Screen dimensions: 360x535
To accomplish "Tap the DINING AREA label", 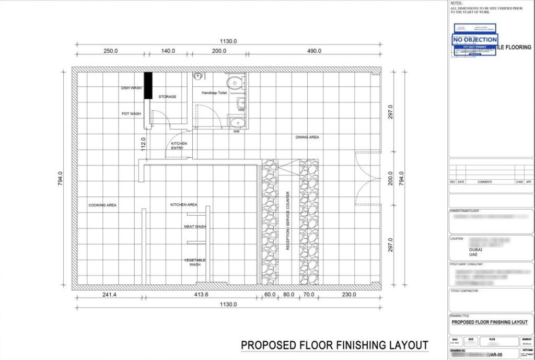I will (307, 137).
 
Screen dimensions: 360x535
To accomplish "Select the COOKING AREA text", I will (102, 205).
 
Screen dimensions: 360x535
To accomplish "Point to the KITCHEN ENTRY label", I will (179, 146).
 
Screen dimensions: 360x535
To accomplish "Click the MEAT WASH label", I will (195, 227).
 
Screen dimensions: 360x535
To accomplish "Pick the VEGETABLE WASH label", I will (195, 262).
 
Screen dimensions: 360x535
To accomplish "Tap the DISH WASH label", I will (132, 88).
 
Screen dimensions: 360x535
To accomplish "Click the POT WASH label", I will (132, 113).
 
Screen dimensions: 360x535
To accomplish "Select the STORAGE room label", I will (167, 97).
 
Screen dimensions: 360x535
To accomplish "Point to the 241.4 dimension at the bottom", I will (109, 295).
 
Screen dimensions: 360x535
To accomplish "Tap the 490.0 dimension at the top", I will (314, 51).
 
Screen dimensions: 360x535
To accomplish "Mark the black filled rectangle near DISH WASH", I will (148, 85).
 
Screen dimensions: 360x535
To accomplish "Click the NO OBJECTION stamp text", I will (475, 40).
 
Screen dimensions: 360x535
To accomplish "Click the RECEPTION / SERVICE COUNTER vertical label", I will (287, 220).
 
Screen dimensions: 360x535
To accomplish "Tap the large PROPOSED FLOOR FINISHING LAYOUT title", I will (334, 345).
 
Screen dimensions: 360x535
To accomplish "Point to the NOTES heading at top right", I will (456, 3).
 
